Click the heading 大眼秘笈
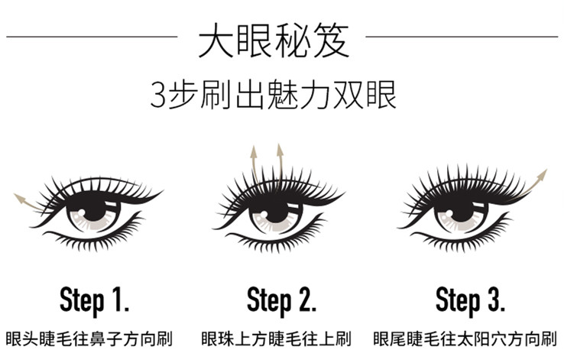tap(274, 41)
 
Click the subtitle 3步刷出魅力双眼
tap(274, 95)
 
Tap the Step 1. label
tap(94, 300)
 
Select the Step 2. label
tap(282, 300)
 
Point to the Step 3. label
tap(470, 300)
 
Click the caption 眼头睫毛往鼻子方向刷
tap(89, 339)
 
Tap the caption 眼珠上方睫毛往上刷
tap(276, 339)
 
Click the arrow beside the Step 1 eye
tap(28, 203)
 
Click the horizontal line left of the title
tap(92, 37)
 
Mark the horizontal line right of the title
tap(462, 37)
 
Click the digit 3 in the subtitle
tap(157, 96)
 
